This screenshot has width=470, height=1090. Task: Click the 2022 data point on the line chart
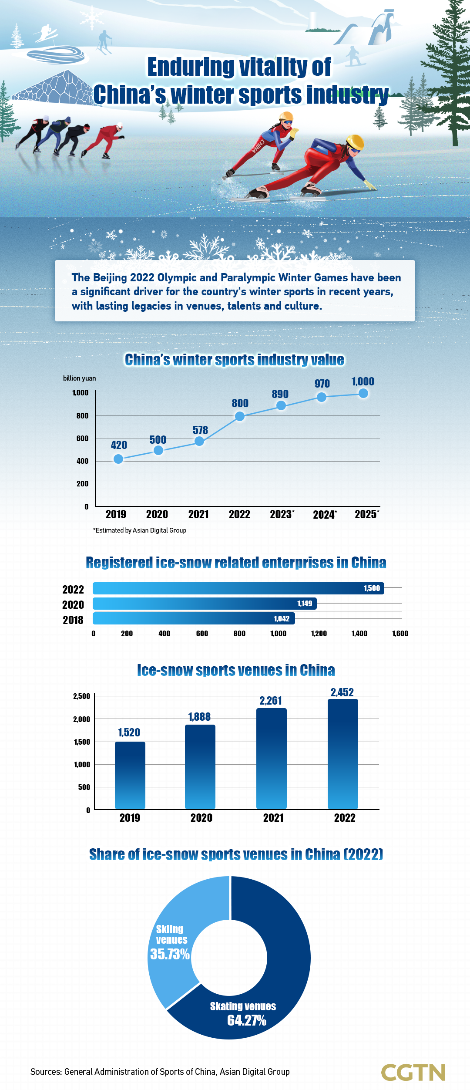[x=239, y=417]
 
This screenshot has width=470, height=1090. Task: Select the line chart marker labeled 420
[x=118, y=459]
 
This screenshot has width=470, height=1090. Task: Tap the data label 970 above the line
[x=322, y=384]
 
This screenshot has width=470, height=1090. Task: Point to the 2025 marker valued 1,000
[x=363, y=393]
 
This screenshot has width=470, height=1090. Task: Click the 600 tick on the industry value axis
[x=82, y=439]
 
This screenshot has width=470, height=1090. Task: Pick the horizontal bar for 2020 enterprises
[x=205, y=604]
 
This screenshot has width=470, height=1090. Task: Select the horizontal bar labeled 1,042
[x=194, y=618]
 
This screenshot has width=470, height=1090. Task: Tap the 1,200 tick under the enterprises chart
[x=319, y=634]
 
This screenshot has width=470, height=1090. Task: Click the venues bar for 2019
[x=130, y=775]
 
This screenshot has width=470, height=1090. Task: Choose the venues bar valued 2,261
[x=272, y=758]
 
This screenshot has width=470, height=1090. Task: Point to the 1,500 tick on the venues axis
[x=82, y=742]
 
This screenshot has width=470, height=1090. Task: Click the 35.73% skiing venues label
[x=170, y=955]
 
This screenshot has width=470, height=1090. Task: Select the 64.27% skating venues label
[x=246, y=1020]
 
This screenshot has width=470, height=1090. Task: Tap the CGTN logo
[x=413, y=1072]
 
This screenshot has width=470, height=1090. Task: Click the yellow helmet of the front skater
[x=355, y=142]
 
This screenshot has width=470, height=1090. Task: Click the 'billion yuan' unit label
[x=79, y=378]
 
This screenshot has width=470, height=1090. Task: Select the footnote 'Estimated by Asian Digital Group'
[x=140, y=530]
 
